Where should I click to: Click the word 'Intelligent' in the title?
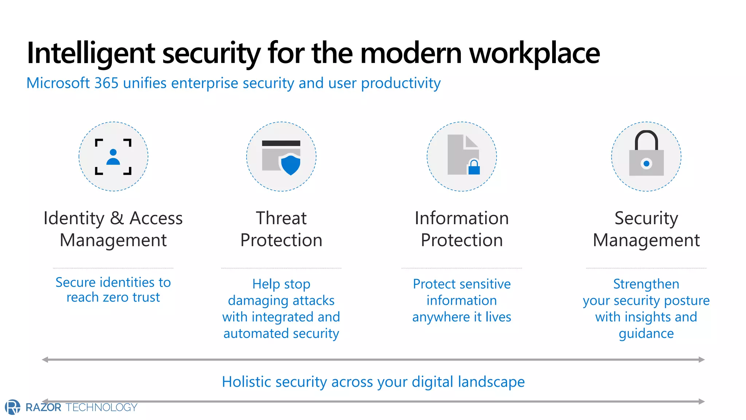coord(91,54)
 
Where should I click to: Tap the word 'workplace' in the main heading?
coord(534,54)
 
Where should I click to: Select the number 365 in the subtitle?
coord(106,83)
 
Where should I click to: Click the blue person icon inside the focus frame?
coord(113,157)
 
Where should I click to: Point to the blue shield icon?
coord(291,164)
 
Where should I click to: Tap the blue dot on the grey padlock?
coord(646,164)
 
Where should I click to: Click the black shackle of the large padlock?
coord(646,139)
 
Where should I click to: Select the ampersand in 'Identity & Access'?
coord(117,218)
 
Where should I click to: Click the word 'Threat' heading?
coord(281,218)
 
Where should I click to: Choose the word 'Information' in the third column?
coord(462,218)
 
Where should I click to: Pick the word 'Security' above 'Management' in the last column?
coord(646,218)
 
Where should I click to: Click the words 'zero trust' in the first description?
coord(131,297)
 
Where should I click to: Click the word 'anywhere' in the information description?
coord(441,317)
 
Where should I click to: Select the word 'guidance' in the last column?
coord(646,333)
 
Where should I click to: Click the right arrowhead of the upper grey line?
coord(702,359)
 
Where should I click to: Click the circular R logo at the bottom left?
coord(13,407)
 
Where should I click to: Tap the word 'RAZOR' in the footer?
coord(43,407)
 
